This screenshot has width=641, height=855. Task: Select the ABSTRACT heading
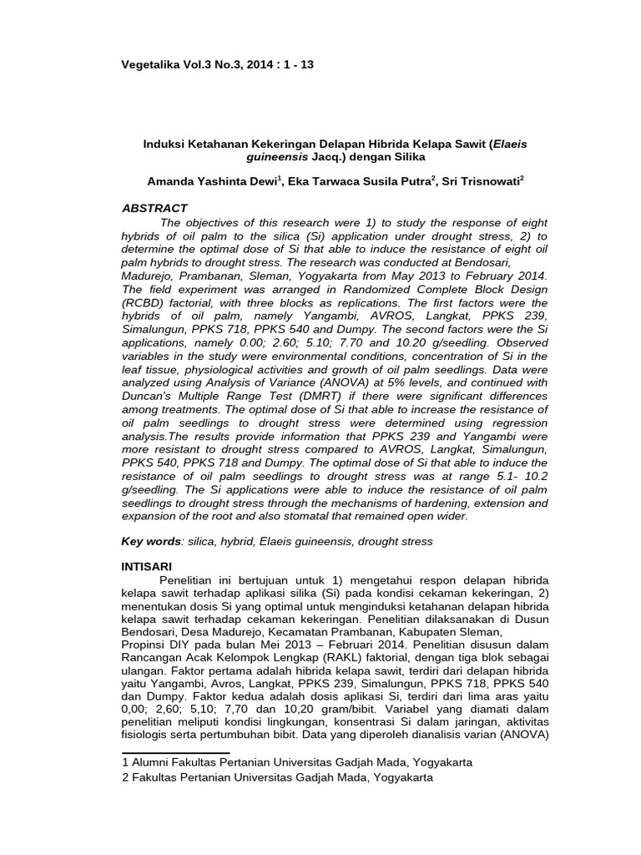[x=154, y=208]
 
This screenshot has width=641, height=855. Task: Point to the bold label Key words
[x=151, y=541]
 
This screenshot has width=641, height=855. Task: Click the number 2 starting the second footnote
[x=125, y=777]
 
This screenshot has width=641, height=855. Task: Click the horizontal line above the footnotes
[x=175, y=752]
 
